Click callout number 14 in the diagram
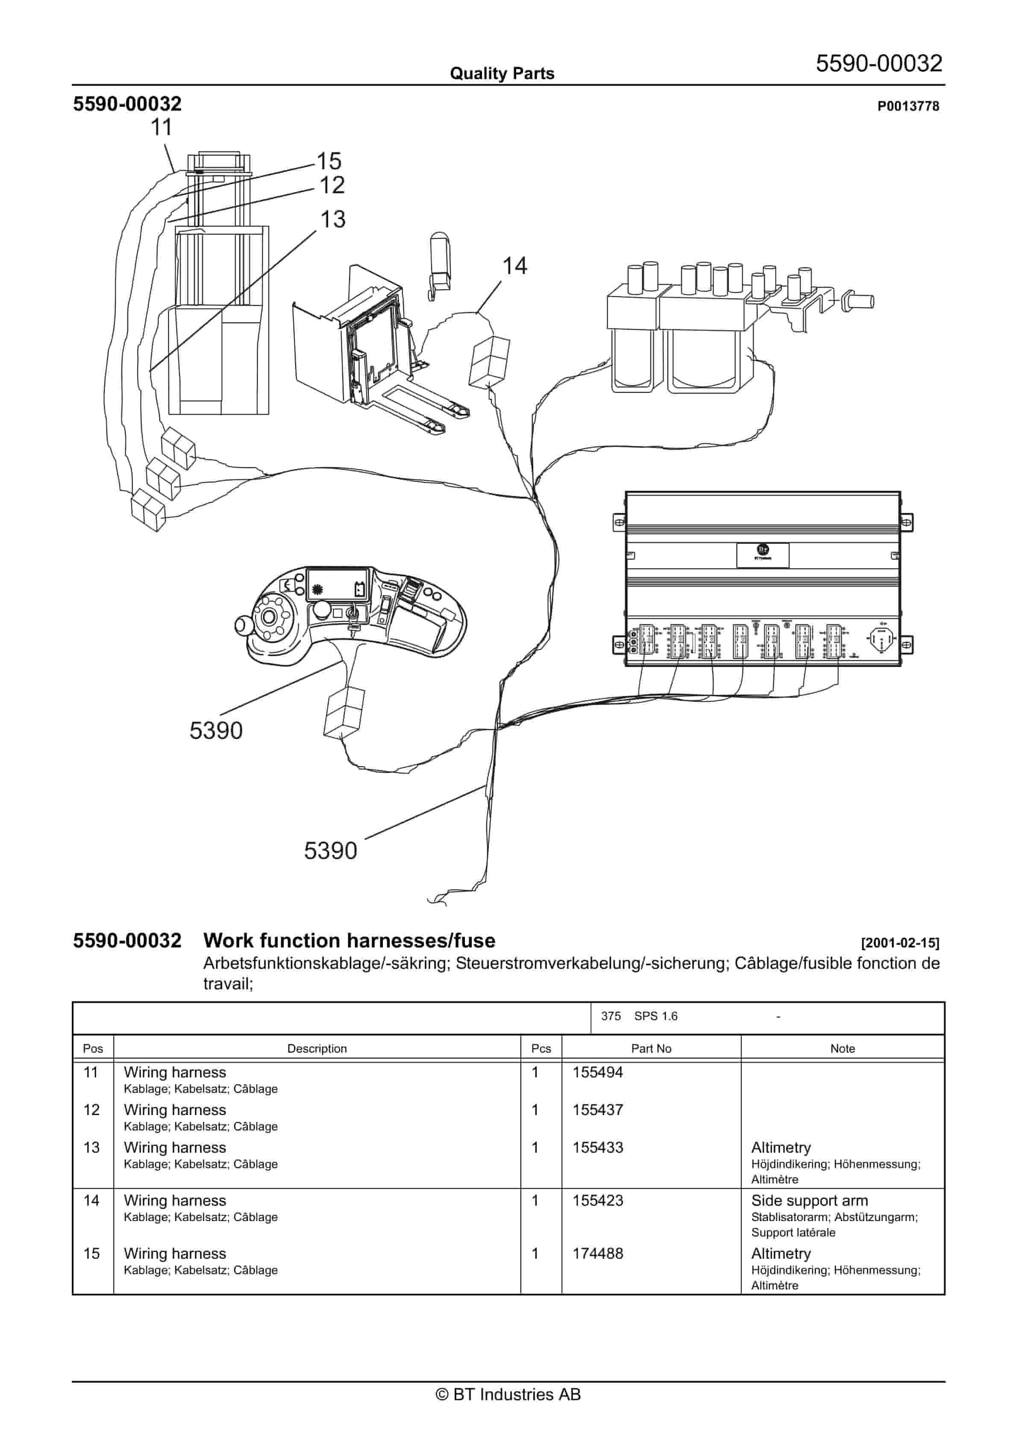514,266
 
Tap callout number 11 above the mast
161,128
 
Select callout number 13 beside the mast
332,219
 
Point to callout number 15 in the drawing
329,161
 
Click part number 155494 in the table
597,1072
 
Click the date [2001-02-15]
900,943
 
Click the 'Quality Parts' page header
502,74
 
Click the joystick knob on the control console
242,624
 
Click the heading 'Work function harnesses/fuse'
349,941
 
